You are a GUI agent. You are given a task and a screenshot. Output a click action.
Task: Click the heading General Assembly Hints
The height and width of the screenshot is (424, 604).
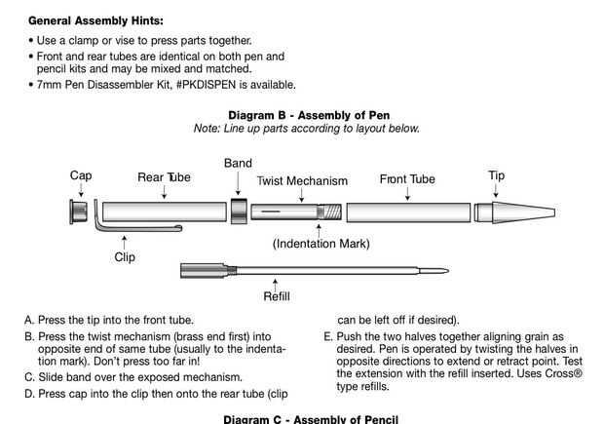(x=95, y=19)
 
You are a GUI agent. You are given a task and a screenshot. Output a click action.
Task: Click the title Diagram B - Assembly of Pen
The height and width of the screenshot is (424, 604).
(x=308, y=115)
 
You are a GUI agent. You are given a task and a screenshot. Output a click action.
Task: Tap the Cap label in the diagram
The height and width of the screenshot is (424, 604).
(x=81, y=176)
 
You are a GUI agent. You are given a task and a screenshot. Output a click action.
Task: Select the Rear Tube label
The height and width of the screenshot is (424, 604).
(x=164, y=177)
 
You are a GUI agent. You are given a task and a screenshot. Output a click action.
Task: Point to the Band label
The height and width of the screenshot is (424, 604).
(x=238, y=164)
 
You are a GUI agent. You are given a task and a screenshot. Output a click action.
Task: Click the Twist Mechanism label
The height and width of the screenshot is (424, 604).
(x=302, y=181)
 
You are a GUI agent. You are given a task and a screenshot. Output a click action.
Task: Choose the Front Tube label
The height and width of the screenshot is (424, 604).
(x=407, y=179)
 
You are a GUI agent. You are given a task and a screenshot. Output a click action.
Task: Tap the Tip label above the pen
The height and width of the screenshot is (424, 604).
(x=497, y=176)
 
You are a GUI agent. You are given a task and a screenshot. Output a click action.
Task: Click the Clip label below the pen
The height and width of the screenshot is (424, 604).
(x=124, y=258)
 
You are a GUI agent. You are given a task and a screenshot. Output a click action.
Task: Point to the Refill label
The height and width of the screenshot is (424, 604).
(x=277, y=295)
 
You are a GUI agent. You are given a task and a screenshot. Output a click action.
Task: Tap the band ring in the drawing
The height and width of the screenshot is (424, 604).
(x=238, y=212)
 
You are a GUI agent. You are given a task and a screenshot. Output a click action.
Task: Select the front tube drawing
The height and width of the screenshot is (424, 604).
(x=407, y=212)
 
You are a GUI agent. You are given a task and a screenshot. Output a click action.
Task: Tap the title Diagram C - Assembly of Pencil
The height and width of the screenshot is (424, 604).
(x=311, y=419)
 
